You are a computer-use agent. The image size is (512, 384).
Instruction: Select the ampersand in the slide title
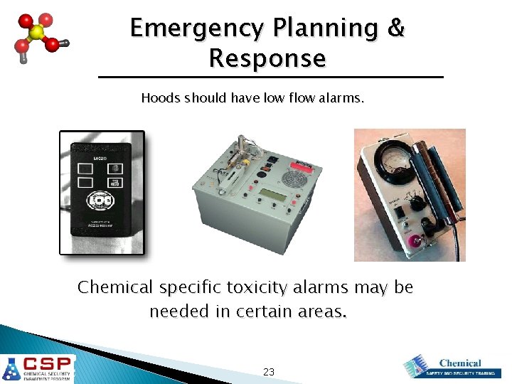tap(395, 28)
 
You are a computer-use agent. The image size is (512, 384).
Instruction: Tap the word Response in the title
tap(267, 58)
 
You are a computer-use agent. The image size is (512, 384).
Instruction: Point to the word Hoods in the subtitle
tap(160, 97)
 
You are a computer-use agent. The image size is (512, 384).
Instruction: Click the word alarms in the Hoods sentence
tap(342, 97)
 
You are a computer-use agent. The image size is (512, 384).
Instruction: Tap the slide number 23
tap(269, 372)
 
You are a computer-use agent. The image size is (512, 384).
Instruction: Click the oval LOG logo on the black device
tap(100, 201)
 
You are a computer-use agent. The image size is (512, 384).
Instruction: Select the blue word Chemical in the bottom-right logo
tap(460, 363)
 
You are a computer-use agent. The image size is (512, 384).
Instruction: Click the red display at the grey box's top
tap(304, 166)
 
